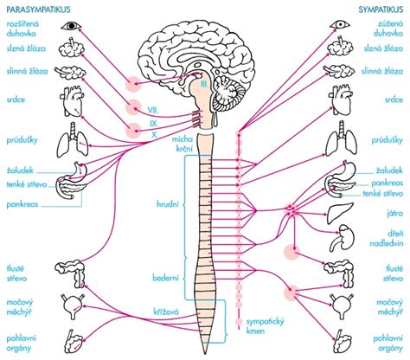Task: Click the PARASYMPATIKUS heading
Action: pyautogui.click(x=38, y=10)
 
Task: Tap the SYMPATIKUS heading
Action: pyautogui.click(x=381, y=10)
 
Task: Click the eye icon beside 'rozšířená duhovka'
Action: pyautogui.click(x=71, y=26)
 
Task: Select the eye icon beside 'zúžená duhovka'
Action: pyautogui.click(x=340, y=25)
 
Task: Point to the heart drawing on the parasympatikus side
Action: pyautogui.click(x=72, y=101)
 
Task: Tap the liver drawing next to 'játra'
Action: pyautogui.click(x=340, y=213)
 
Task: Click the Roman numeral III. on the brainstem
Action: pyautogui.click(x=204, y=84)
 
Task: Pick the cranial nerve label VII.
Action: pyautogui.click(x=153, y=110)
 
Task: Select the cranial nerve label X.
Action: pyautogui.click(x=155, y=134)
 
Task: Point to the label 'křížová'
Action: pyautogui.click(x=166, y=312)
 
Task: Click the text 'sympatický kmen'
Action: pyautogui.click(x=266, y=326)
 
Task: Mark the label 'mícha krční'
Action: pyautogui.click(x=183, y=144)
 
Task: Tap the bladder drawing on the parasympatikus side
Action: pyautogui.click(x=74, y=306)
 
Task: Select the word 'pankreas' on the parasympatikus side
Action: pyautogui.click(x=22, y=204)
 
